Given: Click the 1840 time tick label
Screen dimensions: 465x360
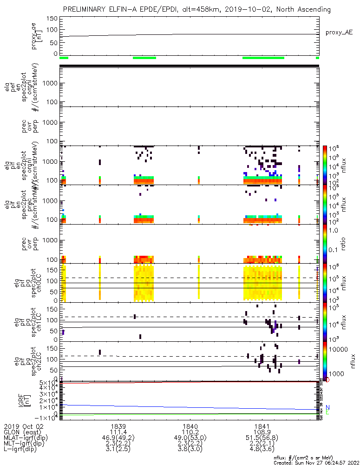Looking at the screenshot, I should [190, 426].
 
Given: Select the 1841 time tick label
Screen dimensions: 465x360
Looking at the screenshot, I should [262, 426].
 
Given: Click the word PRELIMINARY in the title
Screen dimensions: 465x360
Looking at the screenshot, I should [86, 9].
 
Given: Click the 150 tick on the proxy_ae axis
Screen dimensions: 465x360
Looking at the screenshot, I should [52, 19].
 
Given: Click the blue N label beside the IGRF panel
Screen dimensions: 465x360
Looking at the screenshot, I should [327, 407].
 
